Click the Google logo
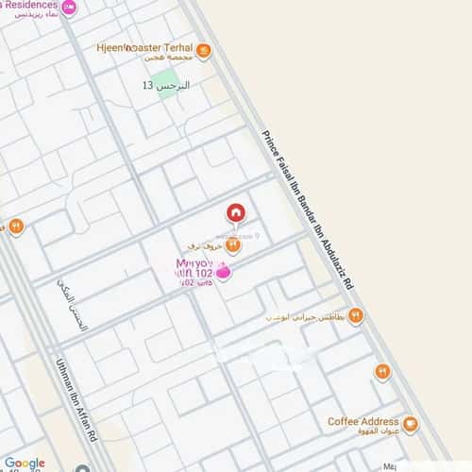(x=25, y=463)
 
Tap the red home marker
(x=235, y=212)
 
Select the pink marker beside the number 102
(x=224, y=273)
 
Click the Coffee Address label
(x=362, y=421)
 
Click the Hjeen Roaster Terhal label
(x=144, y=47)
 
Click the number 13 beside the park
(x=146, y=86)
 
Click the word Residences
(x=28, y=5)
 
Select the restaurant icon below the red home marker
(x=233, y=244)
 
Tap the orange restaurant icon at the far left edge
(x=15, y=227)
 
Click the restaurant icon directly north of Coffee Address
(x=382, y=372)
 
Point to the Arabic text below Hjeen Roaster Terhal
(x=157, y=59)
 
